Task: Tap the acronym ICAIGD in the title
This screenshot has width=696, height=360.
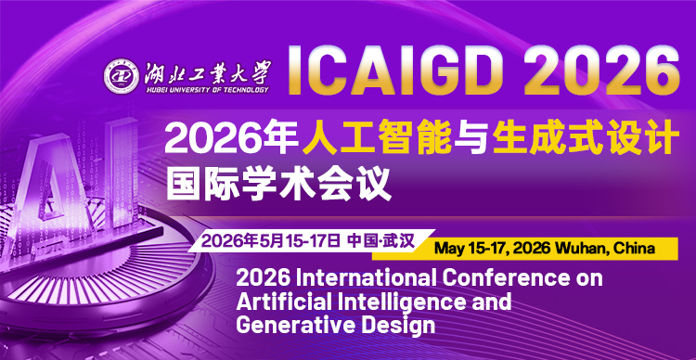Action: pos(381,70)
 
